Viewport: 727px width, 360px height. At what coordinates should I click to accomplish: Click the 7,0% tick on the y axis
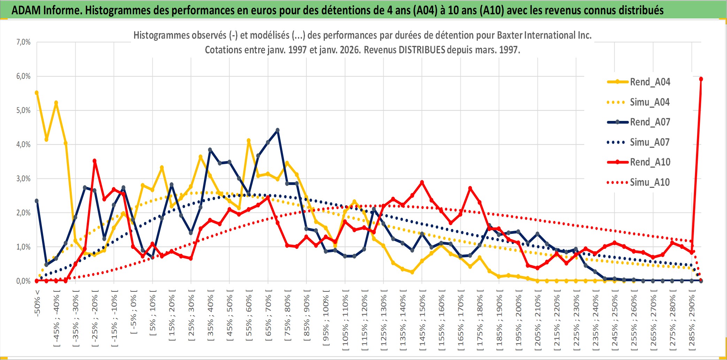point(23,42)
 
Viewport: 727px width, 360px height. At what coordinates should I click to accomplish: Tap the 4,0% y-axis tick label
point(23,144)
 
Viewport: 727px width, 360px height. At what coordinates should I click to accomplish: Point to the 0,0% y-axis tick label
point(23,281)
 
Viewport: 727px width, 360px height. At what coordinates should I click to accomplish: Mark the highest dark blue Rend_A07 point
point(277,130)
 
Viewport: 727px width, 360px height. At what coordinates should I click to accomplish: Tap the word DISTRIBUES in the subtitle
point(422,50)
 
